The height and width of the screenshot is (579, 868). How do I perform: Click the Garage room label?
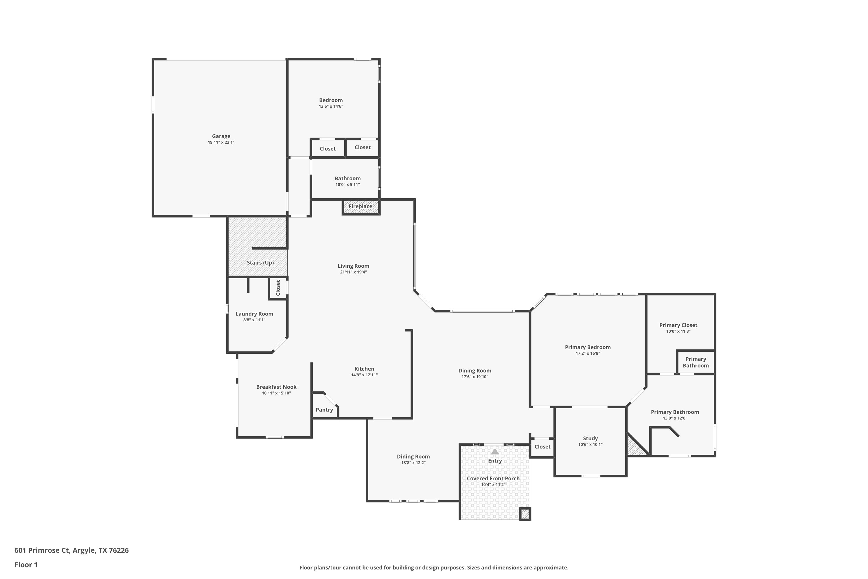coord(221,136)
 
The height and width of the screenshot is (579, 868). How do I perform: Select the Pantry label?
coord(324,410)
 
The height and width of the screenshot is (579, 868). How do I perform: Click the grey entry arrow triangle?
coord(494,452)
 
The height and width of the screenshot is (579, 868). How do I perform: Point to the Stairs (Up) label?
coord(260,263)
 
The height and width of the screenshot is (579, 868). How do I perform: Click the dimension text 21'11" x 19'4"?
coord(353,272)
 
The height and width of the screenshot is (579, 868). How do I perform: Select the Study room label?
coord(590,438)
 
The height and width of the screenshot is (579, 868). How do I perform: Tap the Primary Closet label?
coord(678,325)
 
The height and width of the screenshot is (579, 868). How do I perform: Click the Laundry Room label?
coord(254,314)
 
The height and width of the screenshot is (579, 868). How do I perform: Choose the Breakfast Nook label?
coord(276,387)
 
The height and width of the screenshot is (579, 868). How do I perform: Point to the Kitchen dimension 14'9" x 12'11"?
coord(364,375)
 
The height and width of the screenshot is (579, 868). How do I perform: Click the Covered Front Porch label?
coord(493,478)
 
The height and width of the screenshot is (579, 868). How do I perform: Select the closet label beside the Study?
coord(542,446)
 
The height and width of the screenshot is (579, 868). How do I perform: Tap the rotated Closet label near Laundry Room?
coord(278,288)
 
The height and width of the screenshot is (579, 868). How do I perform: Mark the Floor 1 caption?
coord(26,565)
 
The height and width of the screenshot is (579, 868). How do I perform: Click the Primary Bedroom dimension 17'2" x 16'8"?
coord(588,353)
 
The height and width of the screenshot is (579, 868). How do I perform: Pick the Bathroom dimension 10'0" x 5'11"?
coord(347,185)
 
